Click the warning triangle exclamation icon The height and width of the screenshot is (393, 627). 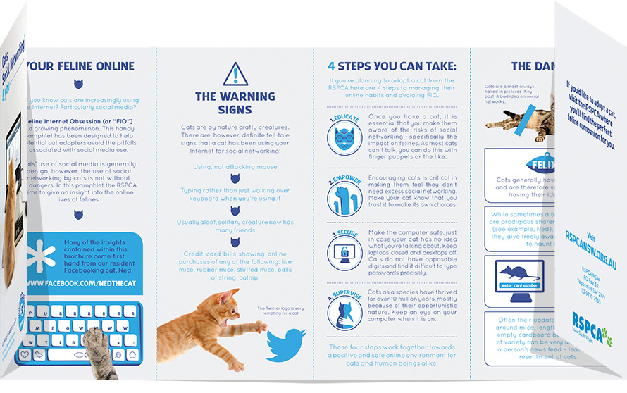[235, 74]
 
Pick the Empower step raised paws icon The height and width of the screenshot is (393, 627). [345, 196]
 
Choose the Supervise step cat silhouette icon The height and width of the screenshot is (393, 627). [345, 311]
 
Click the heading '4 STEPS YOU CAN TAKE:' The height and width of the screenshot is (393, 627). [392, 67]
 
